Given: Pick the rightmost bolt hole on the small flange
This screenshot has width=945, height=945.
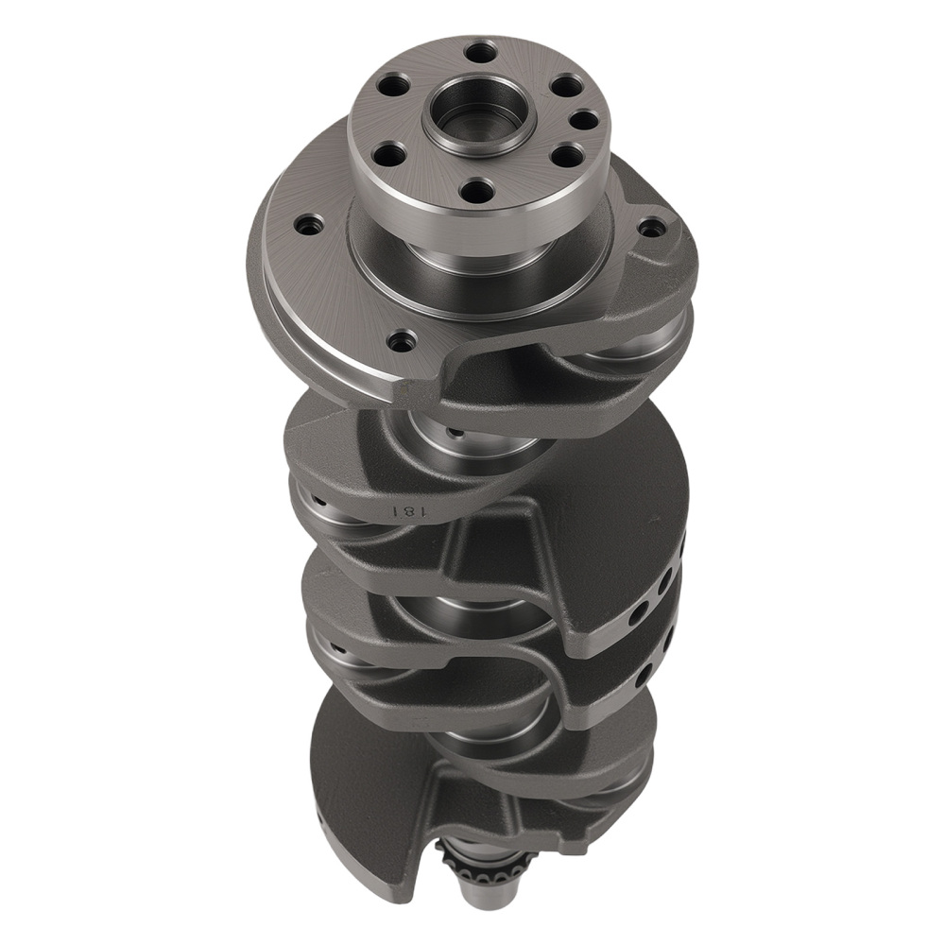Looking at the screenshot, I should click(585, 120).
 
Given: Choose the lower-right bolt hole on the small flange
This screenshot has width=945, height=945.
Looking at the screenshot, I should click(565, 156).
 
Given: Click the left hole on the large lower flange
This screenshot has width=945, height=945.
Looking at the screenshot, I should click(308, 225).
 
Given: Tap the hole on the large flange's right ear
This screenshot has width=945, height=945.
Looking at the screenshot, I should click(651, 228).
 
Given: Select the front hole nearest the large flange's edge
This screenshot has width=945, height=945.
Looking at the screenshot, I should click(404, 339).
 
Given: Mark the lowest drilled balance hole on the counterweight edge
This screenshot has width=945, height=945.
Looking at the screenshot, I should click(644, 677).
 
